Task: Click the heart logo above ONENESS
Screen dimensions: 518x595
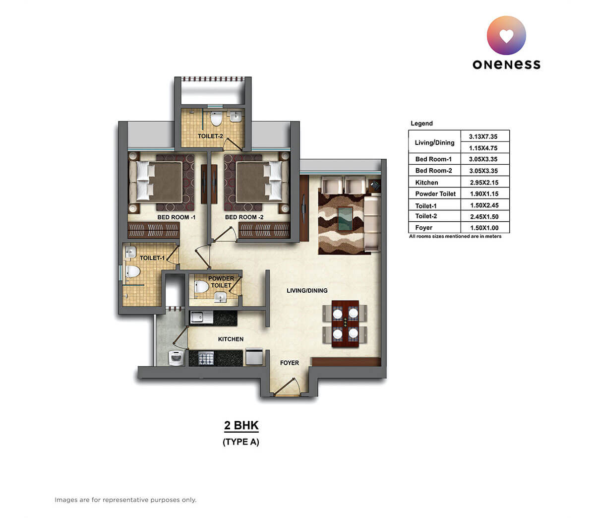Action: (x=506, y=35)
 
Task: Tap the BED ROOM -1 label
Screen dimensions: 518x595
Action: (x=176, y=217)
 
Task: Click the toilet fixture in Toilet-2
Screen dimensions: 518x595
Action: (x=216, y=119)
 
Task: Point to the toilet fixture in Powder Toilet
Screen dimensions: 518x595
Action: (x=201, y=286)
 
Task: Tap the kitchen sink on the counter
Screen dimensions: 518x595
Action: (x=197, y=317)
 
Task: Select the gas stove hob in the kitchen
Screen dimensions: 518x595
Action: (x=206, y=358)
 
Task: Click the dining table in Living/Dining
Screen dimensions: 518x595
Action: (x=345, y=323)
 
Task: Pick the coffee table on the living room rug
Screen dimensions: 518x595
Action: (x=346, y=218)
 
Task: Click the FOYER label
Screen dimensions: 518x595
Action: (x=290, y=363)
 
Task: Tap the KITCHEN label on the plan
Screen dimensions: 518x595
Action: (x=231, y=339)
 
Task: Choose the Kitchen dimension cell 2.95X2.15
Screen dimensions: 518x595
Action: (x=484, y=183)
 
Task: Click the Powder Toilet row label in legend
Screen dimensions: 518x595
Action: (x=435, y=194)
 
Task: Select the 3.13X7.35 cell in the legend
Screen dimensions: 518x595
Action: (x=484, y=136)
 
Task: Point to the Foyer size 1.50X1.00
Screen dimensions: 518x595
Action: (x=484, y=228)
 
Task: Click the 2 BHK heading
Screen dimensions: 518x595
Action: (x=241, y=426)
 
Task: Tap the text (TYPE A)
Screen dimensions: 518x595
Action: (x=241, y=442)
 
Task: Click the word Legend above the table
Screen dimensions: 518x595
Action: (x=421, y=124)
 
